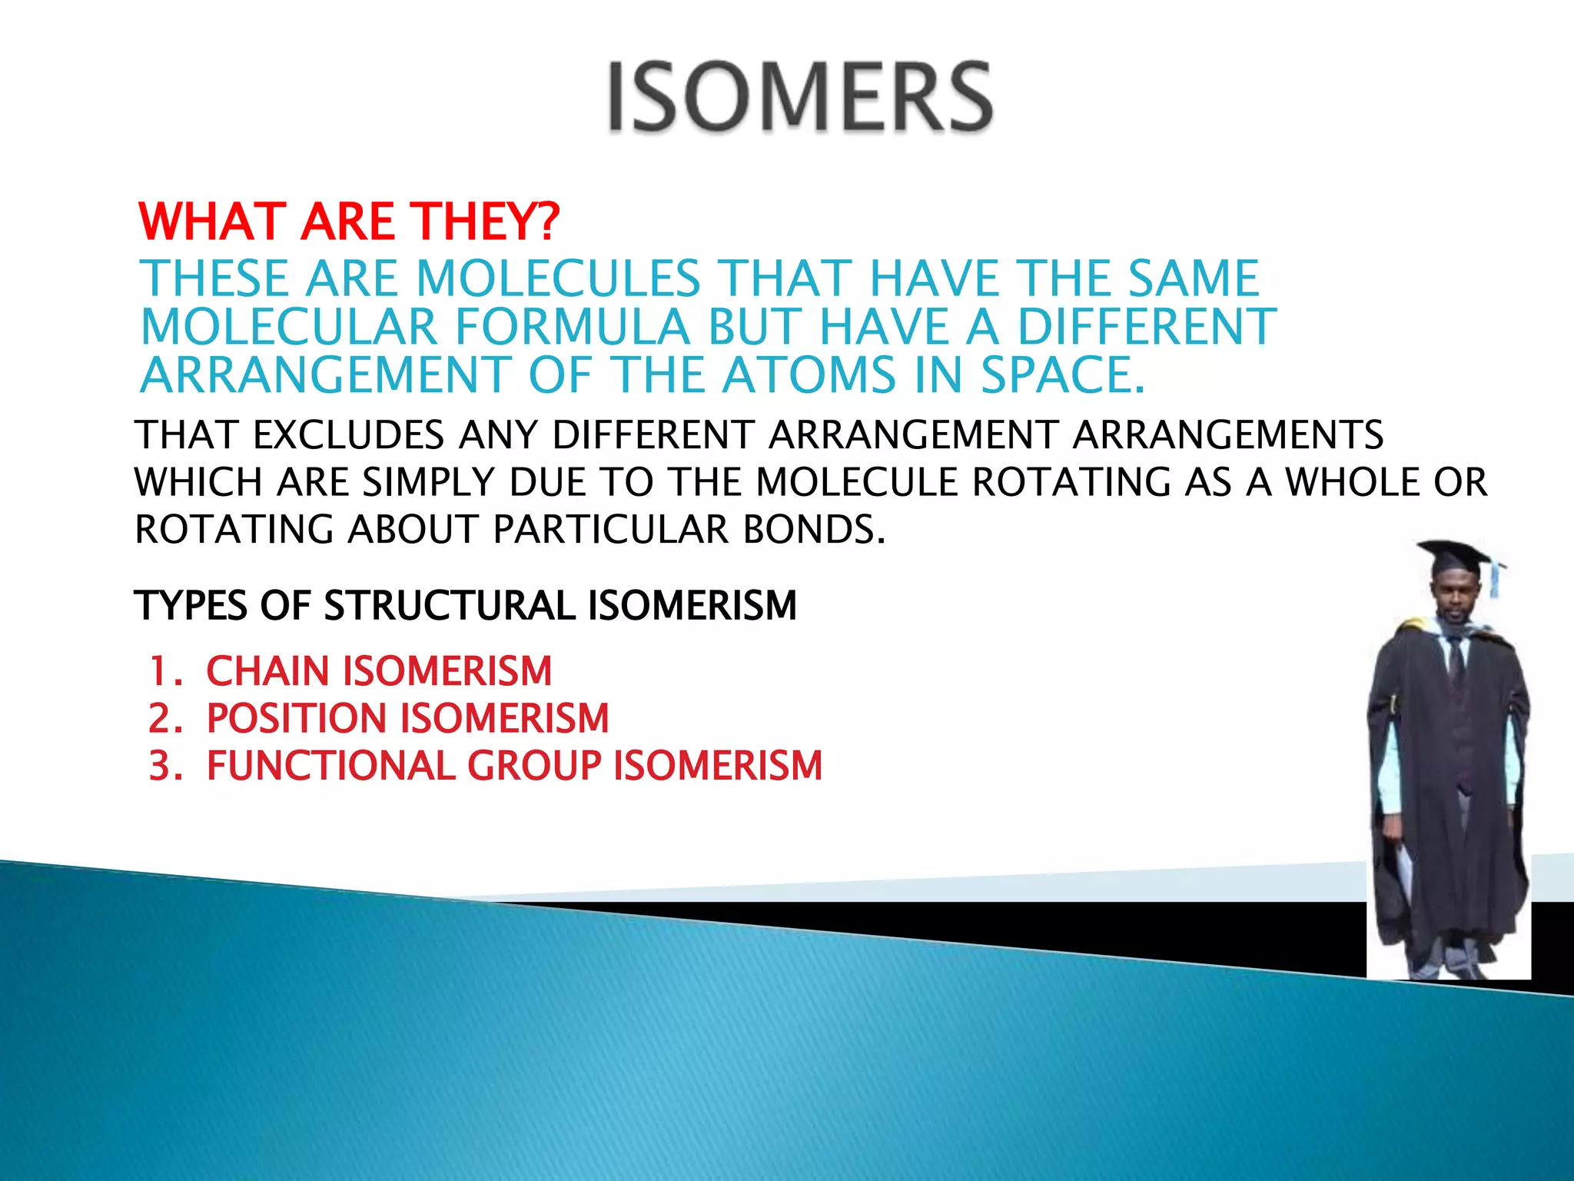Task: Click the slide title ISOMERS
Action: tap(800, 98)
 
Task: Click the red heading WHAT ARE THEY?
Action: tap(350, 221)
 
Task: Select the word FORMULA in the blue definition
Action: tap(573, 327)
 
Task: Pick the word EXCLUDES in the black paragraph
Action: tap(348, 435)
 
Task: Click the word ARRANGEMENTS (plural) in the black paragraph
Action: tap(1228, 435)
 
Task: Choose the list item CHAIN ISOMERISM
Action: tap(379, 671)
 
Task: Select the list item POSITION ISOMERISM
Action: tap(407, 719)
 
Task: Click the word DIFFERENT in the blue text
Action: tap(1147, 327)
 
